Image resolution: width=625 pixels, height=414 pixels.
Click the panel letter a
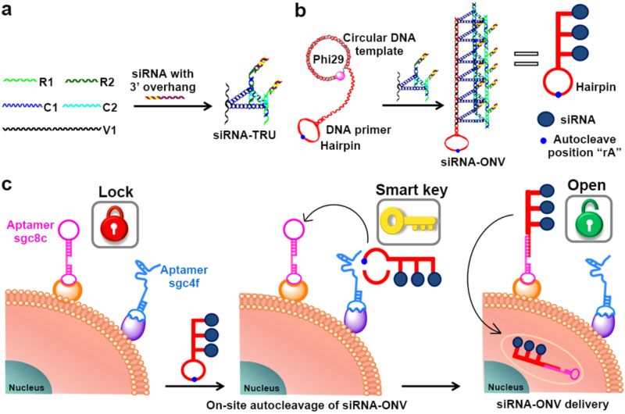(7, 14)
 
